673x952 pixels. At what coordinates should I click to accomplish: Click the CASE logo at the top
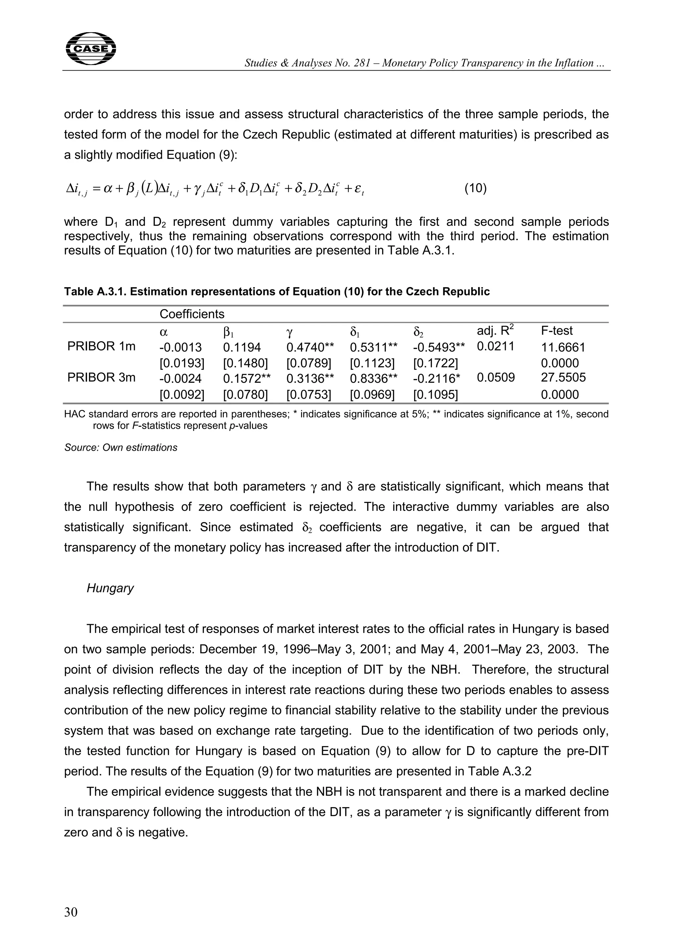(91, 49)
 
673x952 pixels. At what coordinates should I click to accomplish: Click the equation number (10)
(475, 189)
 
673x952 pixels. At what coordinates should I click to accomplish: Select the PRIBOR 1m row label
(102, 346)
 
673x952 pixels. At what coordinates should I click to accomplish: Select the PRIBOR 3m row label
(102, 377)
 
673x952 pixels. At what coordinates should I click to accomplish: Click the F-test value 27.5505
(563, 377)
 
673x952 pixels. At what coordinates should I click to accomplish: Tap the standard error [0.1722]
(435, 363)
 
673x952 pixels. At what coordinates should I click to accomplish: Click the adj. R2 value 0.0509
(496, 377)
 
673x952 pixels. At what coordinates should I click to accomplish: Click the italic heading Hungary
(110, 588)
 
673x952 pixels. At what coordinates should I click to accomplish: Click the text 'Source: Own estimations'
(121, 447)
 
